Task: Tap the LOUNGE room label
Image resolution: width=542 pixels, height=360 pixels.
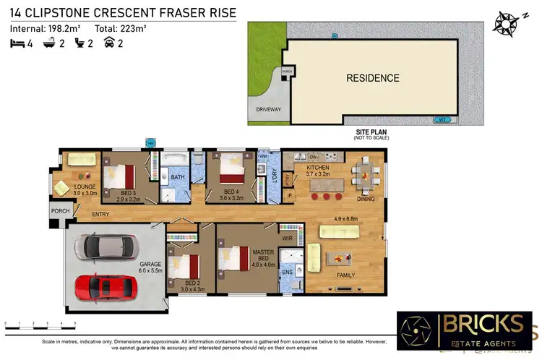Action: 85,189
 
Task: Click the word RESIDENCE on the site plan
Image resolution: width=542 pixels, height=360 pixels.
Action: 372,78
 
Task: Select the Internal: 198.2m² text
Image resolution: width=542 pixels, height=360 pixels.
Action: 46,29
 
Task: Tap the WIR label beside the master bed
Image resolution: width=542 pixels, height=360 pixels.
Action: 286,236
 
